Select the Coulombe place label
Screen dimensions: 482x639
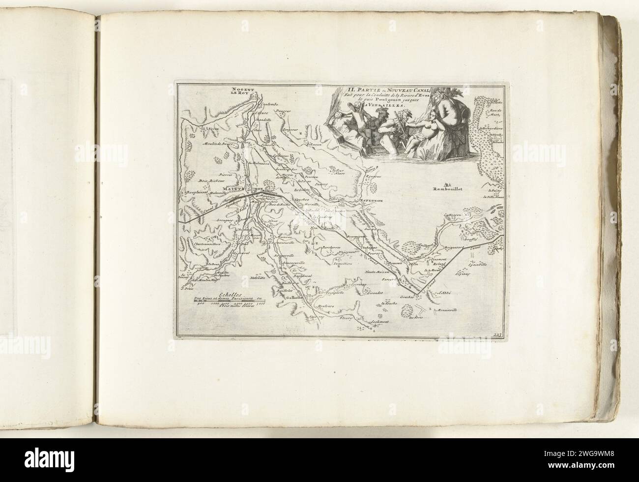point(269,104)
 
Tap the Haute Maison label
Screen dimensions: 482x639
point(376,271)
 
